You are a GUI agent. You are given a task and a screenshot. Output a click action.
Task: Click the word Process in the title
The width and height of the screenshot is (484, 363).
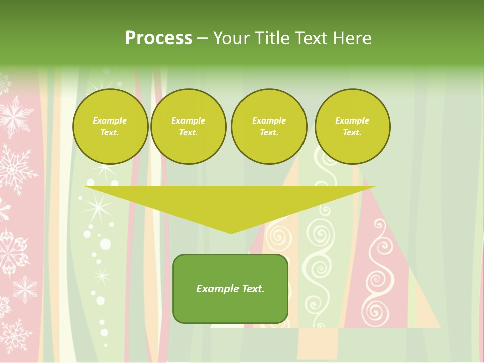click(158, 38)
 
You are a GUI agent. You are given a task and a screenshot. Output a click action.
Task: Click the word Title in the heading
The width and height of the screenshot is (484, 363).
click(272, 38)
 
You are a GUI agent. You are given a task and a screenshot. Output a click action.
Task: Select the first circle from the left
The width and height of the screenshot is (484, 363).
click(110, 127)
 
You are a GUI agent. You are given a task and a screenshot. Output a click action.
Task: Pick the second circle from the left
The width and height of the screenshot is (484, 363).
click(188, 127)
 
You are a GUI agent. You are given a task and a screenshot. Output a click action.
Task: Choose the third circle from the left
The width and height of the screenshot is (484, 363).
click(269, 127)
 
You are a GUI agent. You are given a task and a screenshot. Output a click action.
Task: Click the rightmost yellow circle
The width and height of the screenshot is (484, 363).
click(352, 127)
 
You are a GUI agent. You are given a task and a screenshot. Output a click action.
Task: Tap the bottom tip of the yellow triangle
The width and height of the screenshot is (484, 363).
click(231, 233)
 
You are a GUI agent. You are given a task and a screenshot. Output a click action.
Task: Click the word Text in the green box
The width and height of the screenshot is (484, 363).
click(253, 289)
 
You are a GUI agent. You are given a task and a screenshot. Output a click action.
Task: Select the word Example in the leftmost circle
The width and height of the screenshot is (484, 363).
click(110, 121)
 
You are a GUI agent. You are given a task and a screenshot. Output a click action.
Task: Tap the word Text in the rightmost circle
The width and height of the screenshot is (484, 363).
click(352, 133)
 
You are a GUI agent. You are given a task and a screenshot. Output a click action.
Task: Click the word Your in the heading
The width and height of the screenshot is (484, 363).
click(231, 38)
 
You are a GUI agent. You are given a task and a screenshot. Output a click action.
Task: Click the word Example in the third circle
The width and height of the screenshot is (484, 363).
click(269, 121)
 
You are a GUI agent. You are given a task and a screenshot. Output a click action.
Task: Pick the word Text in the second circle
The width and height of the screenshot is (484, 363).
click(188, 133)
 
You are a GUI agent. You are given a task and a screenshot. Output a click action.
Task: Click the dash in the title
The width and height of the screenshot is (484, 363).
click(202, 38)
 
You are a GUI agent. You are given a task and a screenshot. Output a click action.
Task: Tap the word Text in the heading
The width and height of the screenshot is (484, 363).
click(311, 38)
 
